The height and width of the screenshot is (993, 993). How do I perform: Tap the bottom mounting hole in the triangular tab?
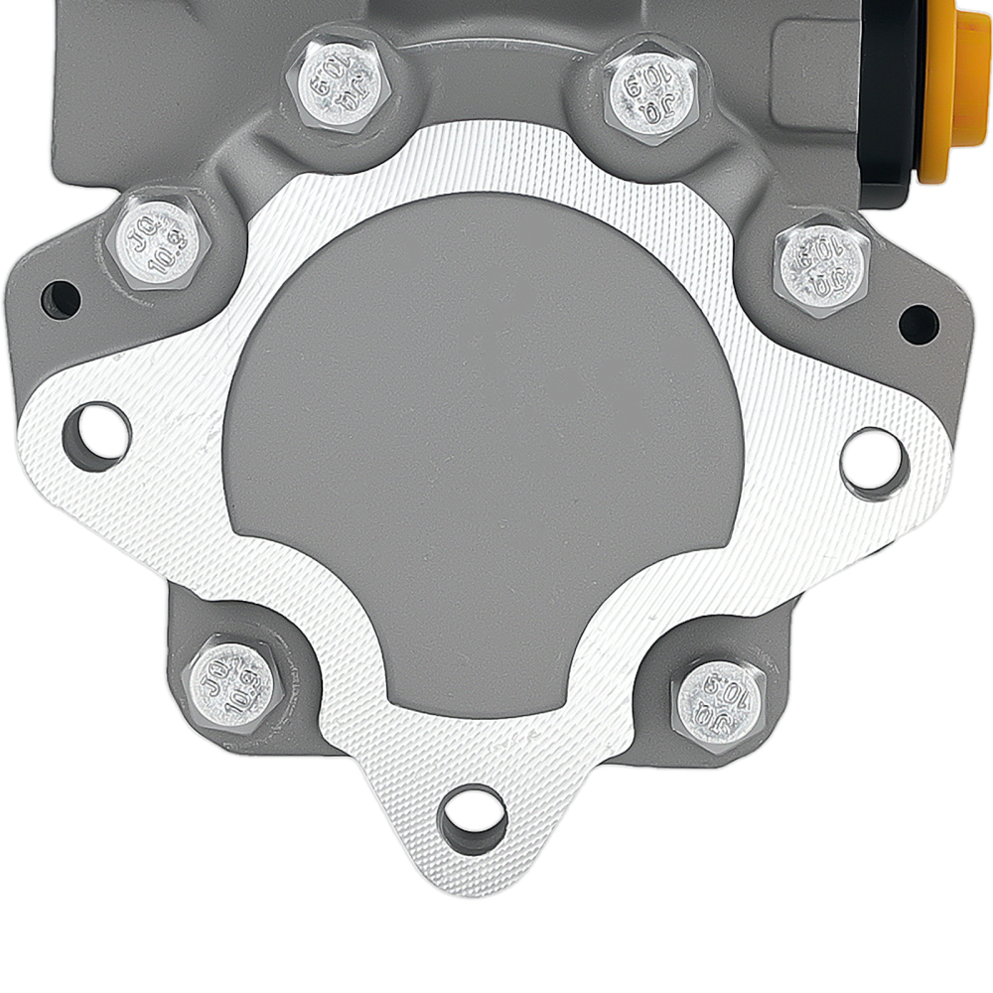[473, 820]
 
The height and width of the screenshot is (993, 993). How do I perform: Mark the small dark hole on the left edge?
[61, 298]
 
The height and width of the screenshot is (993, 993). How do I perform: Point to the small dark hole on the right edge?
[918, 324]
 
